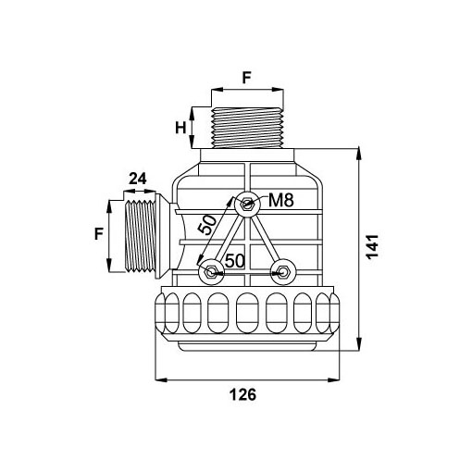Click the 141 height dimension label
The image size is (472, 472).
[373, 247]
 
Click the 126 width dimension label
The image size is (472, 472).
[242, 394]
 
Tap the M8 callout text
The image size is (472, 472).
[281, 200]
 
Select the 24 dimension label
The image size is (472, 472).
[138, 179]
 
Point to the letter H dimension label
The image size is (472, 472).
[180, 128]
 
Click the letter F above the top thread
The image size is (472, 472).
[247, 78]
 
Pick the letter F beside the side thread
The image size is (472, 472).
[99, 233]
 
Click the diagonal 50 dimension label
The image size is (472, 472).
[207, 225]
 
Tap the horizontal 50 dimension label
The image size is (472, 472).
[235, 261]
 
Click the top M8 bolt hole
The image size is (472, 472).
[247, 204]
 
